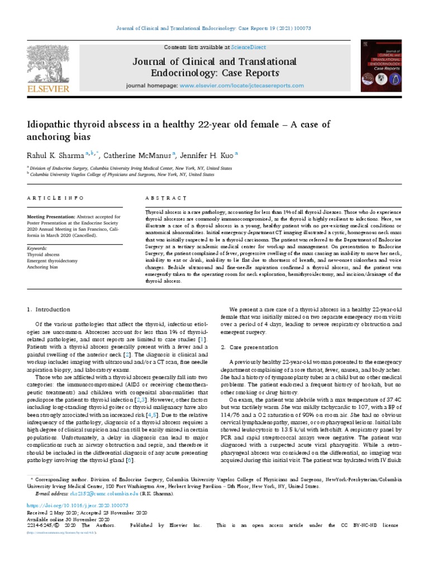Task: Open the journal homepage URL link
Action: [x=242, y=86]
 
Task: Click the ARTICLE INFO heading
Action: [x=55, y=198]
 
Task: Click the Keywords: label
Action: [x=37, y=247]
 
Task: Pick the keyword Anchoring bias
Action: [x=42, y=266]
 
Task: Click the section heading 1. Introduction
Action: [x=49, y=309]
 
